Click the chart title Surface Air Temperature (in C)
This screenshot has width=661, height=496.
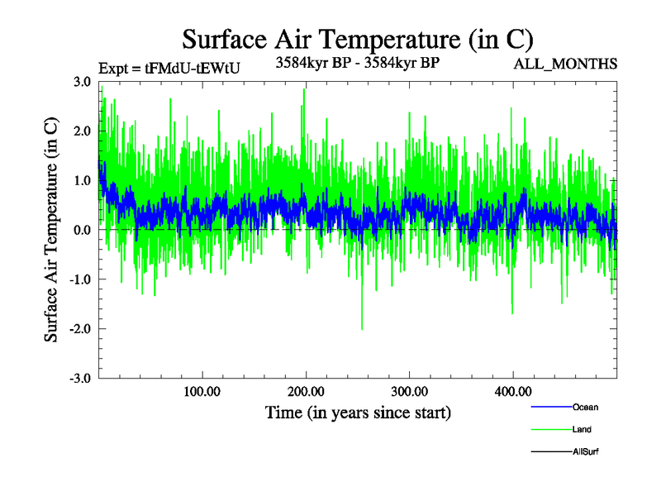[358, 40]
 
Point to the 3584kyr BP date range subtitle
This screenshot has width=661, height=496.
[357, 61]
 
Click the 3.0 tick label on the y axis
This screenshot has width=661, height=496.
[82, 81]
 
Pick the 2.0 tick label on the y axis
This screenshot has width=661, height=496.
[82, 131]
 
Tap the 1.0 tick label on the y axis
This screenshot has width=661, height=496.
[82, 180]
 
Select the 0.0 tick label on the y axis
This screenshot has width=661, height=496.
[82, 230]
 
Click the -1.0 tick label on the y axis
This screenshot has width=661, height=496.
[80, 279]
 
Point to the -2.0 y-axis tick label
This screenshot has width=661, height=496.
[80, 329]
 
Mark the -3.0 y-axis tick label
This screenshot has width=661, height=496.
[80, 379]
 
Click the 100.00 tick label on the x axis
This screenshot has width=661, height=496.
[202, 392]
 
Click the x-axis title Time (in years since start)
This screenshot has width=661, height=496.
[358, 412]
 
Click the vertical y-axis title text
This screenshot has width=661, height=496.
[52, 230]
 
